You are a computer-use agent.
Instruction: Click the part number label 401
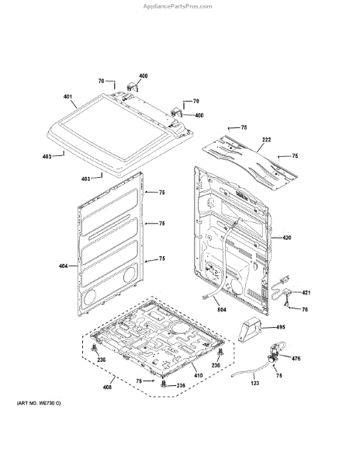pyautogui.click(x=67, y=96)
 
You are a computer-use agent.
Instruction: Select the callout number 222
pyautogui.click(x=267, y=140)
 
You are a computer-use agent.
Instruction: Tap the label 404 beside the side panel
pyautogui.click(x=63, y=266)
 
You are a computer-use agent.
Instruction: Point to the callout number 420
pyautogui.click(x=287, y=238)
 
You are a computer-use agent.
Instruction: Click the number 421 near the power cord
pyautogui.click(x=306, y=293)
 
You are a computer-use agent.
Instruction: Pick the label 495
pyautogui.click(x=280, y=327)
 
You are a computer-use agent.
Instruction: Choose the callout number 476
pyautogui.click(x=296, y=358)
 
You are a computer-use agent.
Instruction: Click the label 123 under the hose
pyautogui.click(x=255, y=383)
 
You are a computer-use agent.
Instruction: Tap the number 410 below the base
pyautogui.click(x=199, y=375)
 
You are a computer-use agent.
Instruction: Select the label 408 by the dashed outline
pyautogui.click(x=107, y=387)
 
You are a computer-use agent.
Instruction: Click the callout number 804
pyautogui.click(x=222, y=310)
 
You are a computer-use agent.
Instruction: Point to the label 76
pyautogui.click(x=305, y=309)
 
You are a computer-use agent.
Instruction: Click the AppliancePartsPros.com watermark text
pyautogui.click(x=178, y=6)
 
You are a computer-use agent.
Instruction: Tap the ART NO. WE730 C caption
pyautogui.click(x=39, y=403)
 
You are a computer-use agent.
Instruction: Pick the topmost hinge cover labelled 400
pyautogui.click(x=132, y=86)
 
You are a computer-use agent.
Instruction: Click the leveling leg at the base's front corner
pyautogui.click(x=163, y=384)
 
